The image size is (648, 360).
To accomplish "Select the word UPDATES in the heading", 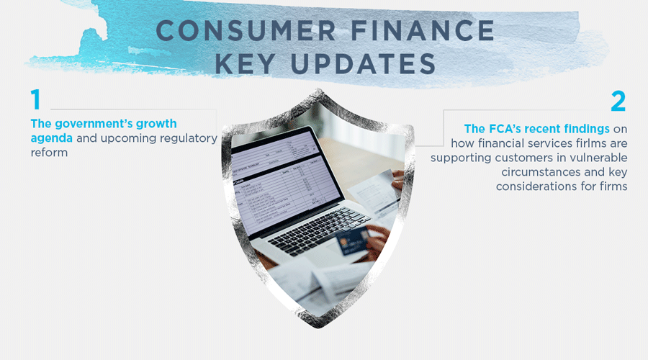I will click(x=369, y=63).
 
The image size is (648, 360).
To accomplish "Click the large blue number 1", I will click(x=35, y=102).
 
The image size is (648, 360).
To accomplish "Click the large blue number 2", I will click(x=618, y=102).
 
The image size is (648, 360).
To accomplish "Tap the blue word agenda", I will click(x=51, y=138).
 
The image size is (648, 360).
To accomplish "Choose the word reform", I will click(x=49, y=153).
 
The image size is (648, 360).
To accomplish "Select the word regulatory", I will click(x=184, y=138).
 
